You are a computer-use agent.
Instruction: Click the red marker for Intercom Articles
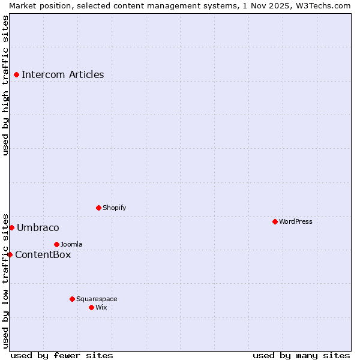tap(16, 75)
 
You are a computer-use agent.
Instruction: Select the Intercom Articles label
tap(62, 75)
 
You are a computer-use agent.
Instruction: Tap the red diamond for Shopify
tap(98, 208)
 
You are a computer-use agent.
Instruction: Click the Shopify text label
tap(114, 208)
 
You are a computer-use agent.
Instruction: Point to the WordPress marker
tap(275, 221)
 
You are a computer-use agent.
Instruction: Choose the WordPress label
tap(295, 221)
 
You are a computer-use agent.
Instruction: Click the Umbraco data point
tap(11, 228)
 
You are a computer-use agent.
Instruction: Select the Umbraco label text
tap(38, 228)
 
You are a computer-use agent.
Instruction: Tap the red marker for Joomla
tap(56, 244)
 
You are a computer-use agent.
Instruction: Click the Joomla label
tap(71, 244)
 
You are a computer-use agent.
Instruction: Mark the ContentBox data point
tap(10, 254)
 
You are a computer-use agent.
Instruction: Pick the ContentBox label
tap(43, 255)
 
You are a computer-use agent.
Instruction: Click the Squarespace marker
tap(72, 299)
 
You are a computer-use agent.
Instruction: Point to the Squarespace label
tap(97, 299)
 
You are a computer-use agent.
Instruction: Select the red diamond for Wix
tap(91, 307)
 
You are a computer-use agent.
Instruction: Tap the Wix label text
tap(101, 307)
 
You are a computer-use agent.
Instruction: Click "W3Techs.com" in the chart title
tap(323, 5)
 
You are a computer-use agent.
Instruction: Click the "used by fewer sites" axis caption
tap(62, 355)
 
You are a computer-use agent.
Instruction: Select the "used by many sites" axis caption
tap(301, 355)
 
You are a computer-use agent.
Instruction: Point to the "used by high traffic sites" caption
tap(5, 85)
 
